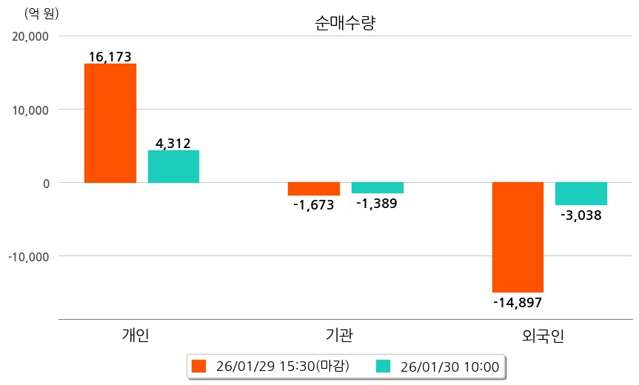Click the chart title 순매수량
345,23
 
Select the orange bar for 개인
110,123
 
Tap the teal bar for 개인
173,167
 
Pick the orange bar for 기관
313,189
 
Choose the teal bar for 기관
377,188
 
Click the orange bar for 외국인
518,237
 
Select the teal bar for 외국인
581,194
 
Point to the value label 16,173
110,56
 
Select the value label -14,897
518,302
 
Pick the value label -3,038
581,215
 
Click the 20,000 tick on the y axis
31,36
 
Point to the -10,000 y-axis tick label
29,256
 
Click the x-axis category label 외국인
543,335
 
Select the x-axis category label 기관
339,335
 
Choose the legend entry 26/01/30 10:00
439,366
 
